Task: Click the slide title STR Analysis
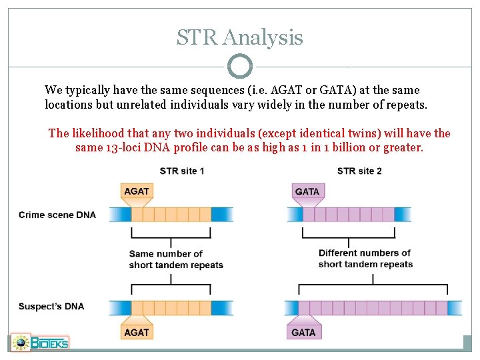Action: point(239,37)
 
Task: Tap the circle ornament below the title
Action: point(240,67)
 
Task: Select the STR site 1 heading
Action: point(182,171)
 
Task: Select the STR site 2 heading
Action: point(359,171)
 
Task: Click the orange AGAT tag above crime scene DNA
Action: point(137,191)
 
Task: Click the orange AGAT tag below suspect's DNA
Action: point(137,331)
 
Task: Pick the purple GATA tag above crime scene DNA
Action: point(307,191)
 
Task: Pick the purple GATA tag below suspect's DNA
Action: point(303,331)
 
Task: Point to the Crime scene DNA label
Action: point(57,215)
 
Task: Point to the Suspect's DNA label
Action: point(51,307)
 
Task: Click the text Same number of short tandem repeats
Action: point(176,259)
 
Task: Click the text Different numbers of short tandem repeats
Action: point(365,259)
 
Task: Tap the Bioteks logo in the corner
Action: point(40,343)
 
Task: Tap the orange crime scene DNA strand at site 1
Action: point(171,215)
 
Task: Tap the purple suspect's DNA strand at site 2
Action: point(373,307)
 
